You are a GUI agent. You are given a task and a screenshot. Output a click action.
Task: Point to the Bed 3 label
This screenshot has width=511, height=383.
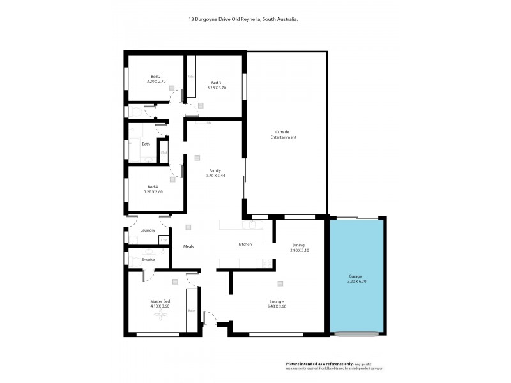(216, 82)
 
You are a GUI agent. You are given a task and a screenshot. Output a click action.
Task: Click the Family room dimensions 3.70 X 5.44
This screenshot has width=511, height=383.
(215, 175)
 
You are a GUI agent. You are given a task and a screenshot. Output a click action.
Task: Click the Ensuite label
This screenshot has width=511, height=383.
(148, 260)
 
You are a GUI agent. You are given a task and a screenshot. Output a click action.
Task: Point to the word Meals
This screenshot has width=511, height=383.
(188, 246)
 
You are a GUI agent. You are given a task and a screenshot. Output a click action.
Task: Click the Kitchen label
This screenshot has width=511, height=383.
(245, 244)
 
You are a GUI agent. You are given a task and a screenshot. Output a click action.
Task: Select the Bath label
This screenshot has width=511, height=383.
(146, 144)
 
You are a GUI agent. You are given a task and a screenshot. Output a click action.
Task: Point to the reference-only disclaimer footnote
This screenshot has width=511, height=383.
(338, 365)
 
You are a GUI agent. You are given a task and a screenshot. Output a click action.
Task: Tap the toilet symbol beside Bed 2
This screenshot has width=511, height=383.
(137, 112)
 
